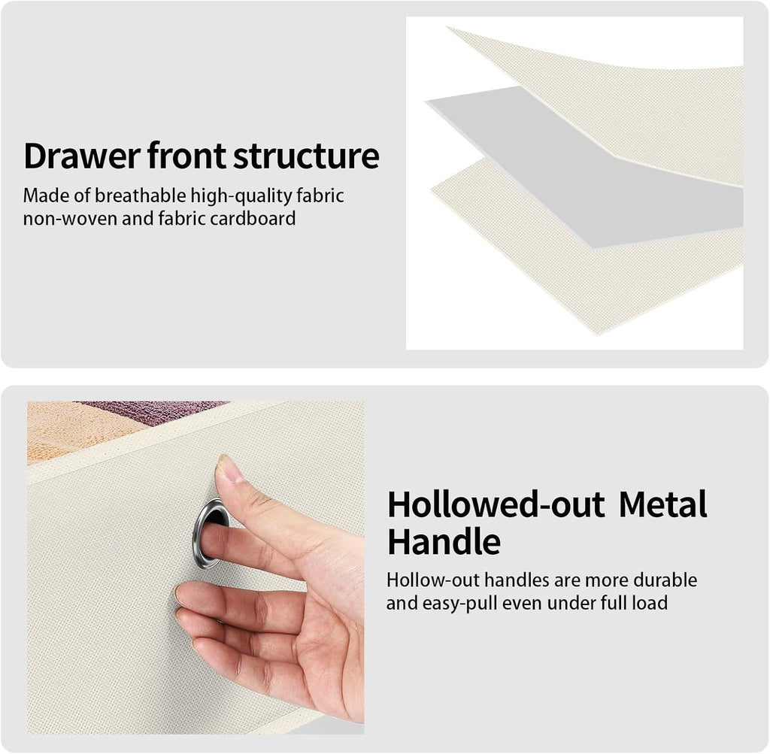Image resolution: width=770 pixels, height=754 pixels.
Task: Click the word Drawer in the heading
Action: [82, 156]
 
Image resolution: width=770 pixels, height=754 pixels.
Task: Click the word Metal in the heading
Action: [662, 504]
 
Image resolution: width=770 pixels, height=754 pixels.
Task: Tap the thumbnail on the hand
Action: [227, 468]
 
